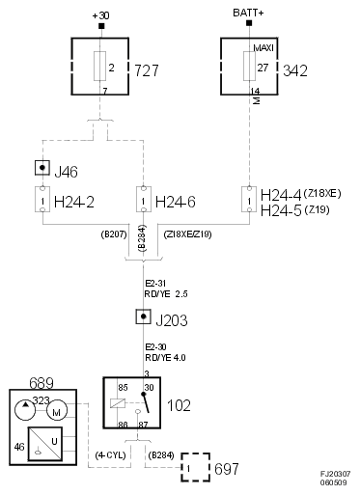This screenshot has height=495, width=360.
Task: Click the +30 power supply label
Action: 100,14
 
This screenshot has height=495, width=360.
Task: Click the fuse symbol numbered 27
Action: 250,67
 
